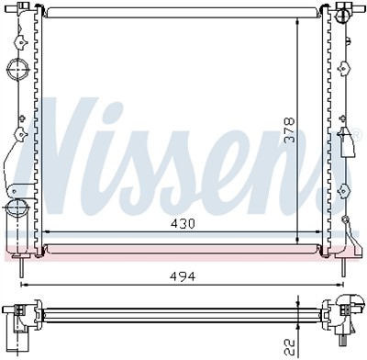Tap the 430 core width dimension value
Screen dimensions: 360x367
click(181, 223)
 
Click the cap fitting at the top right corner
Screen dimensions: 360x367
click(345, 13)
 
